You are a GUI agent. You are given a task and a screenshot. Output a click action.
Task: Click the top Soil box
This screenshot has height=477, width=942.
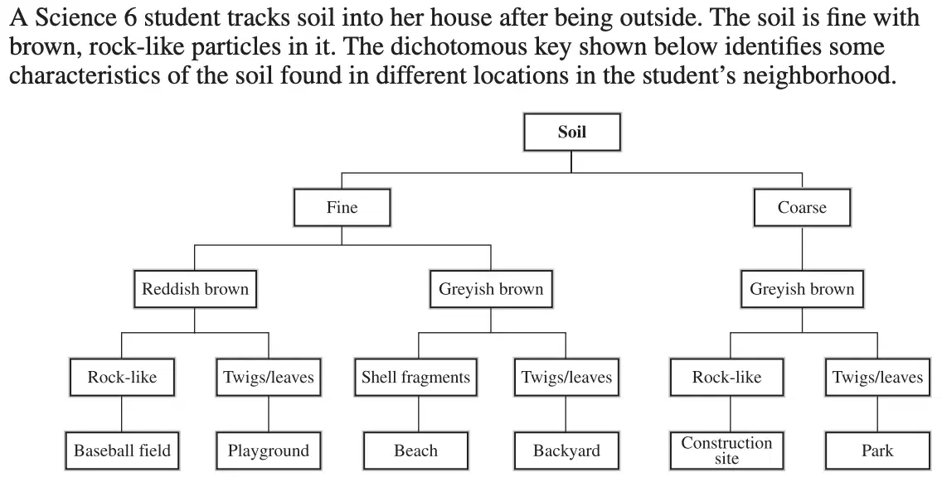(572, 132)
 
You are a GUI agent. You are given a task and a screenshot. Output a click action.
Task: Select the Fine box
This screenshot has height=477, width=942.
(342, 208)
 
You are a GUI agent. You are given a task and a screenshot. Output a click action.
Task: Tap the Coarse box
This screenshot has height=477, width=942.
(802, 208)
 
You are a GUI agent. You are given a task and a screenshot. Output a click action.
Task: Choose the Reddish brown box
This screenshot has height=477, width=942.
(195, 289)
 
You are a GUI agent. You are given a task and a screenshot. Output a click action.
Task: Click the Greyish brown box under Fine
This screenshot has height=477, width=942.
(491, 289)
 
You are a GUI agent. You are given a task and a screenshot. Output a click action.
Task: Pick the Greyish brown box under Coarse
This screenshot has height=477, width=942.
(802, 289)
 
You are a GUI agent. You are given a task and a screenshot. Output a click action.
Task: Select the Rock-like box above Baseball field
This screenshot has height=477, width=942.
(122, 378)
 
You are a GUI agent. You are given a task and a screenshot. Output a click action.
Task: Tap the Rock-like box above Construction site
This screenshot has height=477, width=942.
(727, 378)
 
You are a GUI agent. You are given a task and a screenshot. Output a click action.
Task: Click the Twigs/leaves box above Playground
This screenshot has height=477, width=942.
(269, 378)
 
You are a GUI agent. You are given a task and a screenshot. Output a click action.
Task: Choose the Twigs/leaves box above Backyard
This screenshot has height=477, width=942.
(566, 378)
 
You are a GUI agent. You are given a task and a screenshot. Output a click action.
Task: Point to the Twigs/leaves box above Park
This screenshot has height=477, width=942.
(877, 378)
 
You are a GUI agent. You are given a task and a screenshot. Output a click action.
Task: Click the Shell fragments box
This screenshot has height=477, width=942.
(415, 378)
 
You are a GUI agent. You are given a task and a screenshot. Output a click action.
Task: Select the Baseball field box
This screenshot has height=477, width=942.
(122, 450)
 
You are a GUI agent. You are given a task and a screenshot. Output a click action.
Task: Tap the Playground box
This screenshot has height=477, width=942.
(269, 450)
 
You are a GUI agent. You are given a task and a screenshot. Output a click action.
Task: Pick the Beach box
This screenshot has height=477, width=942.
(415, 450)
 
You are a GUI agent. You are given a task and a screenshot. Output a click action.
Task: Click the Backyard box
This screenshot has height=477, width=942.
(566, 450)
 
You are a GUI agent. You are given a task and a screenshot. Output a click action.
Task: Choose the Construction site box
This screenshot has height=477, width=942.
(727, 450)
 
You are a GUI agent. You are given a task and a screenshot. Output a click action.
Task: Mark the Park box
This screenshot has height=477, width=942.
(877, 450)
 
